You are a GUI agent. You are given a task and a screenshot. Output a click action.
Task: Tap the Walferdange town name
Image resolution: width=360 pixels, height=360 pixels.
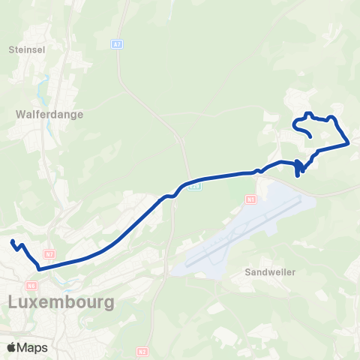48,115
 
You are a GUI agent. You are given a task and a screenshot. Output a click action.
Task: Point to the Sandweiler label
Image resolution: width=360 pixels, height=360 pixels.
270,272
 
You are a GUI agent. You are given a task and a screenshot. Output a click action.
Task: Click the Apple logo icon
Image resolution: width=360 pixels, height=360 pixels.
12,347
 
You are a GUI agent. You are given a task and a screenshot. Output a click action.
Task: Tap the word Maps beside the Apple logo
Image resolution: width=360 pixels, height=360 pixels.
32,347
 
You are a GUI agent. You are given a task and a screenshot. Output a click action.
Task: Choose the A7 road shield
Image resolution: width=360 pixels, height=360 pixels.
117,45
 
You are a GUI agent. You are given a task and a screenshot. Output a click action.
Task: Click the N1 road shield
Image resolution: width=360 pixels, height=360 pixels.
250,199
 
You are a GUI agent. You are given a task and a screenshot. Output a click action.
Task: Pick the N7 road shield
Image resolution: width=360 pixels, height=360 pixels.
49,254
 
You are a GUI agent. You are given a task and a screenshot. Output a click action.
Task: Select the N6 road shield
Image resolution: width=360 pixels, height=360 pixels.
31,285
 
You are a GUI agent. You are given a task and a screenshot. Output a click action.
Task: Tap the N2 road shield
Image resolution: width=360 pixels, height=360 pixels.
142,351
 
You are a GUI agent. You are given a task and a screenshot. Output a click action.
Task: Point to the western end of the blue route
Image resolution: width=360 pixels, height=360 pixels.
12,241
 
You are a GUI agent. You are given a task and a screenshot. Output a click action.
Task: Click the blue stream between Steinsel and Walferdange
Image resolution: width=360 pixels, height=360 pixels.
47,84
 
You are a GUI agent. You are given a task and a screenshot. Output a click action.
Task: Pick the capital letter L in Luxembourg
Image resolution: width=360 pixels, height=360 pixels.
13,302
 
